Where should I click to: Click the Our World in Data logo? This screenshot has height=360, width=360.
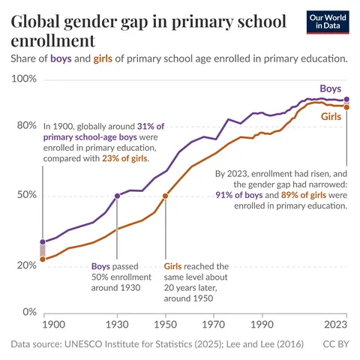pos(328,22)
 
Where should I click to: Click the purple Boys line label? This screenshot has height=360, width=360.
pos(331,88)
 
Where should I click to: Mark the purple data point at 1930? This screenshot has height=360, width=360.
pos(117,196)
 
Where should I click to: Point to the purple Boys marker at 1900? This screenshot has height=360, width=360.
pos(43,241)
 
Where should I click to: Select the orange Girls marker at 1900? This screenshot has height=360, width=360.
pos(43,259)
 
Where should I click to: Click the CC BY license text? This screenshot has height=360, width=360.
pos(334,344)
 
